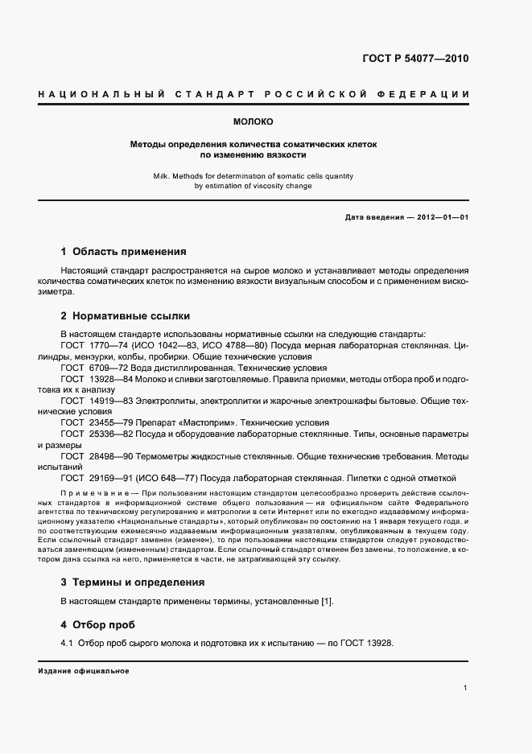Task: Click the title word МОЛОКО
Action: pos(253,122)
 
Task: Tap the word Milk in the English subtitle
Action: pos(161,175)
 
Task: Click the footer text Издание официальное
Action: pos(84,670)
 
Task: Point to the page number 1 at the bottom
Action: pos(466,688)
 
